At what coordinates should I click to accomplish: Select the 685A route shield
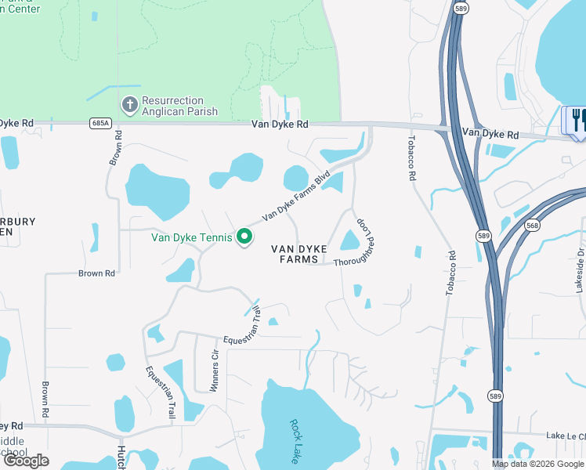(100, 123)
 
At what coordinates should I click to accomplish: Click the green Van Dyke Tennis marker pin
(244, 236)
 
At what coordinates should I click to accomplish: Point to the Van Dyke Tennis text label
(193, 237)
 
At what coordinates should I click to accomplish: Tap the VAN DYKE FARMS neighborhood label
(298, 254)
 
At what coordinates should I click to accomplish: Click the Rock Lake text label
(295, 440)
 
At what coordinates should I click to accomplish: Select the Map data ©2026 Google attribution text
(537, 464)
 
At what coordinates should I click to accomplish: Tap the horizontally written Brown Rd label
(96, 273)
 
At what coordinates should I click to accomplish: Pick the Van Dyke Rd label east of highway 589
(490, 135)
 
